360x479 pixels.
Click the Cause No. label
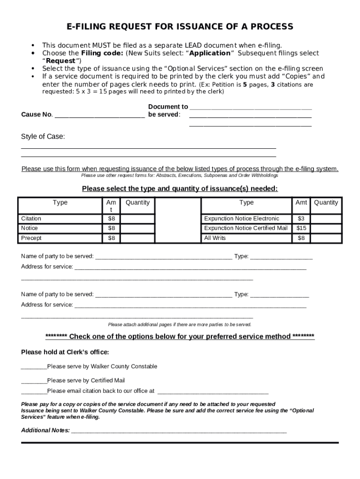pos(37,115)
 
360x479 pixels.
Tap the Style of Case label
pos(43,137)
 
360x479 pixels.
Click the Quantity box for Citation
pos(137,219)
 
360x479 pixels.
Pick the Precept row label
pos(31,238)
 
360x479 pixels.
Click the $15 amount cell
pos(302,228)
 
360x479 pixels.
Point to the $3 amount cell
pos(302,219)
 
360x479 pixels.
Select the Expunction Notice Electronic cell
pos(242,219)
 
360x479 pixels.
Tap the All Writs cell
pos(215,238)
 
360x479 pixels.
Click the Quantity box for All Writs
pos(326,238)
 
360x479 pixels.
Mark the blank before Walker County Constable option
pos(34,367)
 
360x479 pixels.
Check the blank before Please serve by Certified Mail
pos(34,381)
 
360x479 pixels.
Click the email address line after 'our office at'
pos(213,391)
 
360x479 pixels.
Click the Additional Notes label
pos(45,430)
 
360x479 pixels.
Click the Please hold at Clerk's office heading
pos(65,352)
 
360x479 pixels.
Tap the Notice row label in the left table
pos(29,228)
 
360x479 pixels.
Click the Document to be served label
pos(167,110)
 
